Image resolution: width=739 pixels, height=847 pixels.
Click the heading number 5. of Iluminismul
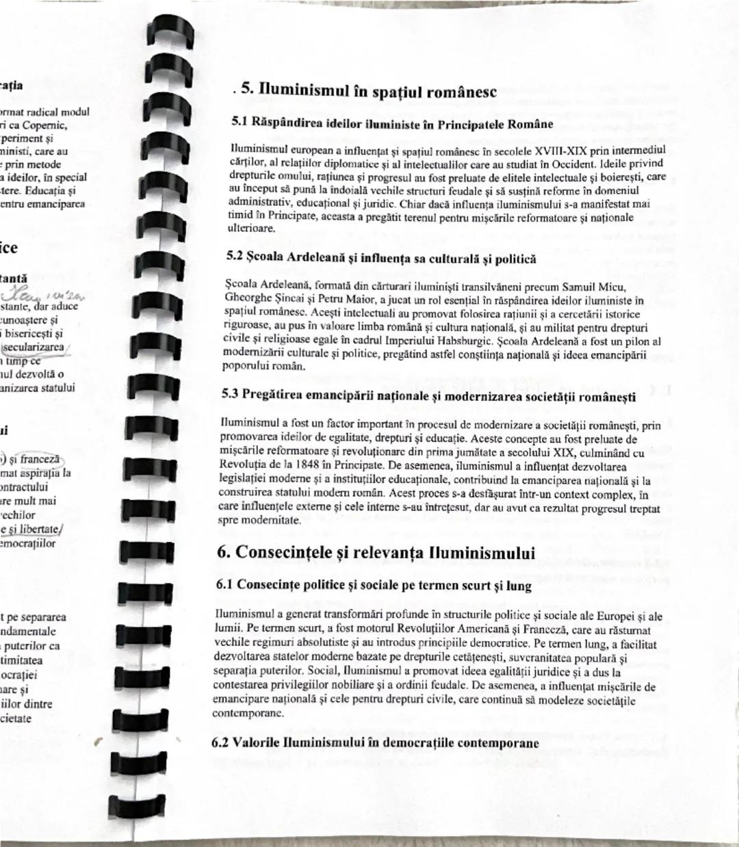tap(248, 89)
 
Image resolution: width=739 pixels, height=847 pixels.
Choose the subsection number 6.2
tap(221, 742)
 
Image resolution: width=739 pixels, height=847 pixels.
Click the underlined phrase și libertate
tap(30, 529)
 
